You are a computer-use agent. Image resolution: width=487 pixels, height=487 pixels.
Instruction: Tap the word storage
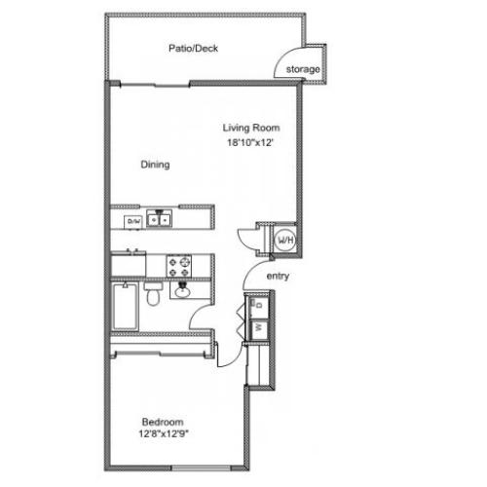coord(303,70)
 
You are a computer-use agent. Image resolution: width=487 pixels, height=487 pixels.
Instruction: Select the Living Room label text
coord(250,128)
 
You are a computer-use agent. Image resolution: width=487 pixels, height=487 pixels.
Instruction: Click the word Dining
coord(156,165)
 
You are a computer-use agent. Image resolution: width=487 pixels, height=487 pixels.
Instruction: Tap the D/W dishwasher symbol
coord(133,221)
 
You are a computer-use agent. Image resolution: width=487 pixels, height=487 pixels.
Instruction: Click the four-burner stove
coord(179,263)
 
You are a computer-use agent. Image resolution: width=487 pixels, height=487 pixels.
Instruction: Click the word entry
coord(279,276)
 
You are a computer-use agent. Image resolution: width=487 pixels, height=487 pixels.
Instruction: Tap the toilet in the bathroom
coord(152,295)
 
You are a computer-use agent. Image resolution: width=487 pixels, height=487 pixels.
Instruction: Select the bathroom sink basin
coord(182,290)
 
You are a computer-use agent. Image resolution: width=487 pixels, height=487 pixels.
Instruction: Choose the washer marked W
coord(257,328)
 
